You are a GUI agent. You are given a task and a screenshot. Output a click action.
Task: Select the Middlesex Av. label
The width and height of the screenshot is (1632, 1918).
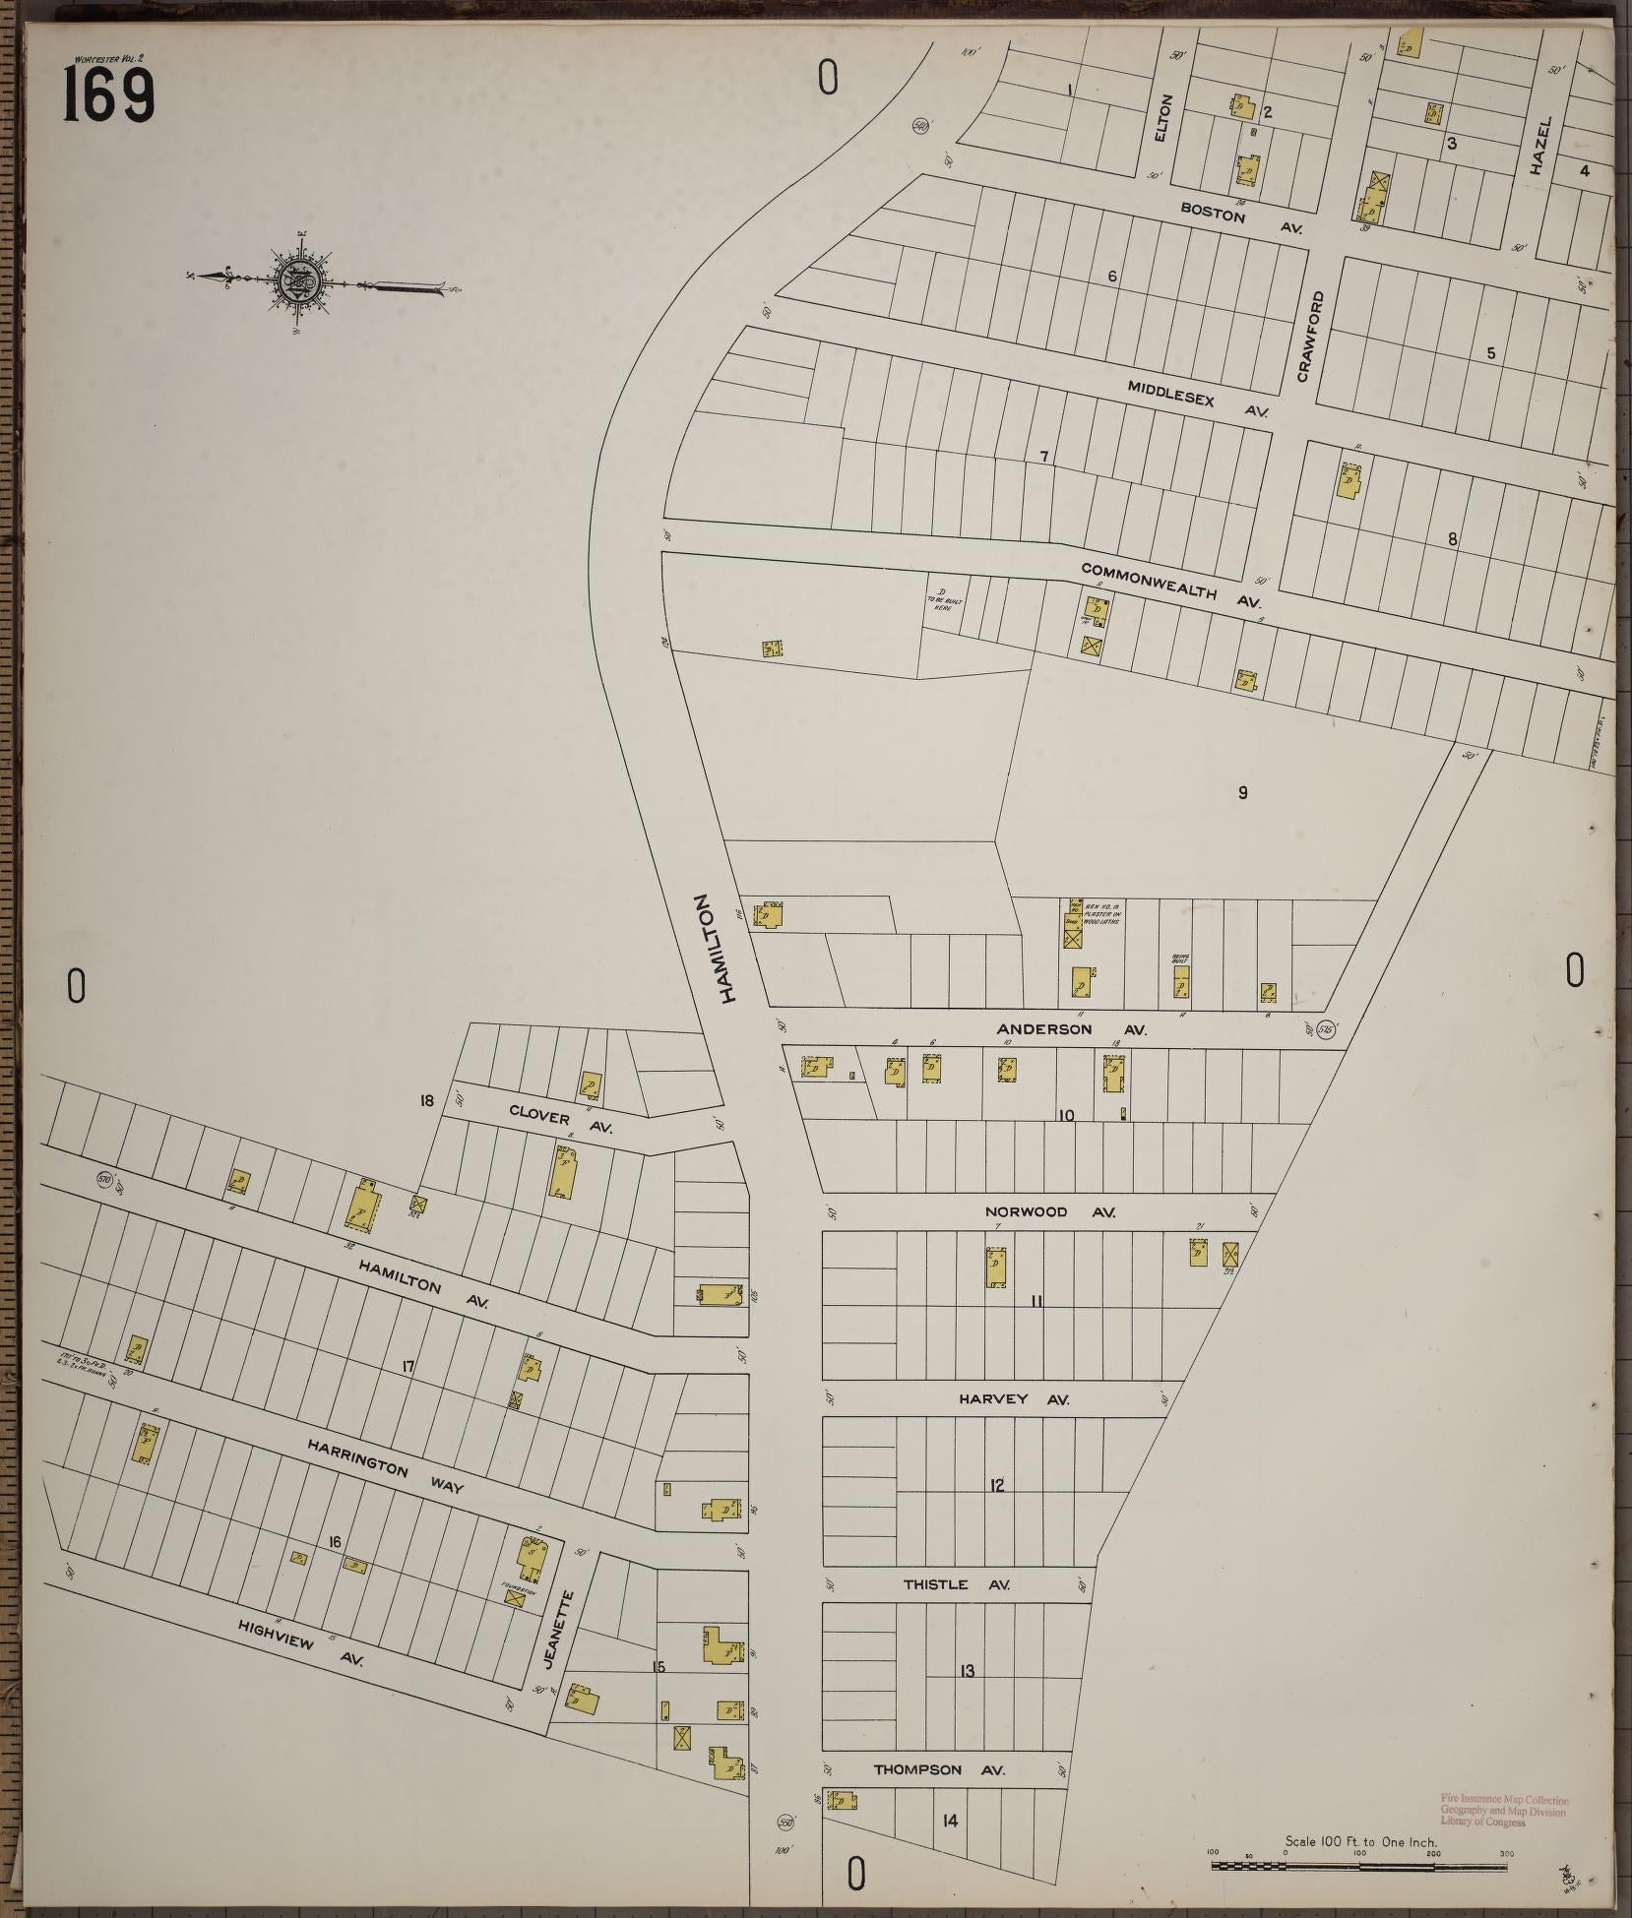click(x=1198, y=398)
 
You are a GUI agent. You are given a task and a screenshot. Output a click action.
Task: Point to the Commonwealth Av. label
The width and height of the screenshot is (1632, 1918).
click(x=1170, y=583)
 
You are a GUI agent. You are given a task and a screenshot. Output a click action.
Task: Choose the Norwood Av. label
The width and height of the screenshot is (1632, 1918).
click(x=1049, y=1211)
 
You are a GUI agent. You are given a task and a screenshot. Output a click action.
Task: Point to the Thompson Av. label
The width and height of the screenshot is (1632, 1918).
click(x=939, y=1769)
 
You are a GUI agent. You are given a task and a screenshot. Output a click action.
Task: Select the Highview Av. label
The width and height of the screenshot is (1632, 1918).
click(x=300, y=1643)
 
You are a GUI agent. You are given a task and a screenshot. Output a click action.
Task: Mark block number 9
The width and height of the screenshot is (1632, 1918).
click(x=1242, y=792)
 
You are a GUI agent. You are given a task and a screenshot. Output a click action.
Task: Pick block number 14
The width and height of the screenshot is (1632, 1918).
click(x=949, y=1821)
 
